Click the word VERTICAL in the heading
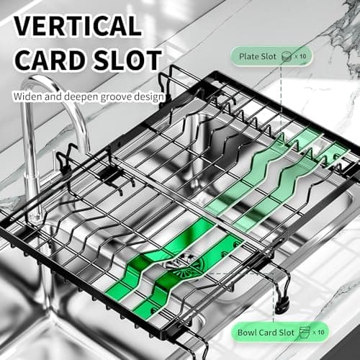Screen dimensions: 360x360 78,26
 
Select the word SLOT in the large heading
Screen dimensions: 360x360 127,60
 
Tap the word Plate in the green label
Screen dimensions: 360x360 248,57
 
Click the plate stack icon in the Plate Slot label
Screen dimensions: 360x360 287,57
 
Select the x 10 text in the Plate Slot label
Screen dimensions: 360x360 300,56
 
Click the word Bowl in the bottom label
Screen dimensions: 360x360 247,333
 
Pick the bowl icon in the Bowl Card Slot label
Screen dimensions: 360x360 305,333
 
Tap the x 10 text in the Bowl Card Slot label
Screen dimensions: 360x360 318,333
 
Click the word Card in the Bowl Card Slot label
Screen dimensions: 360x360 268,333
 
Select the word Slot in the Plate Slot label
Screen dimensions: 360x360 269,57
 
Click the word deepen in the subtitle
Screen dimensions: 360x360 81,97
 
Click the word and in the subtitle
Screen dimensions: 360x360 53,96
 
